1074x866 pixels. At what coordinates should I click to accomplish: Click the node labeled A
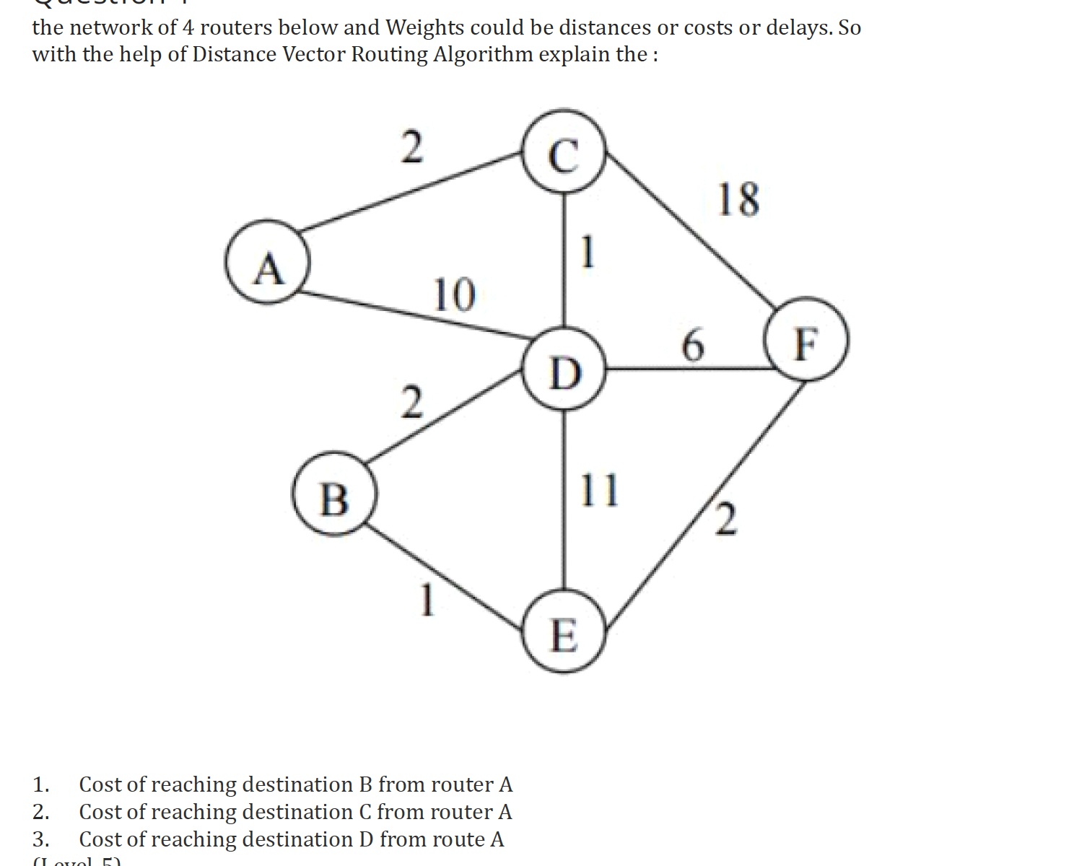268,262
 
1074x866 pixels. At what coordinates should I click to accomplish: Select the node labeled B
333,494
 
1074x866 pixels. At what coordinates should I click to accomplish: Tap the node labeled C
564,151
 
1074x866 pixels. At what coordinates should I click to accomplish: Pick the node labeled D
564,369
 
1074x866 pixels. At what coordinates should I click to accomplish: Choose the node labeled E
564,632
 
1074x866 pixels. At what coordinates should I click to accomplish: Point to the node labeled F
807,339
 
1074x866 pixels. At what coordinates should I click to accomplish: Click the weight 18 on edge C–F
738,199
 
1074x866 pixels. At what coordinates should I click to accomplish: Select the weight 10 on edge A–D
454,294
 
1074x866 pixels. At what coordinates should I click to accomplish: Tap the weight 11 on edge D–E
599,490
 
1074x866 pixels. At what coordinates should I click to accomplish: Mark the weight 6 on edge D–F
692,344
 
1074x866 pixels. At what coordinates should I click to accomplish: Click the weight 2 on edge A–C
411,146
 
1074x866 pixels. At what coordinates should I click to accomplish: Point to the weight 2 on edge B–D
411,402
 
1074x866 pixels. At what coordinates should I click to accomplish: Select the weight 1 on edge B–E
427,600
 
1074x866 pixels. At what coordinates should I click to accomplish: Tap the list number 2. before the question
40,812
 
